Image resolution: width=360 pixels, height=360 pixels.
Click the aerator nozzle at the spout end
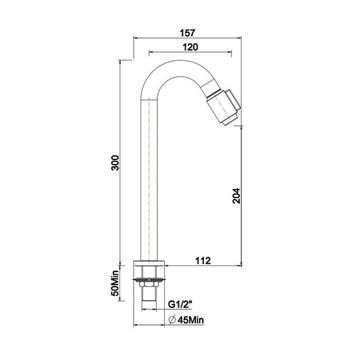(228, 105)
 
